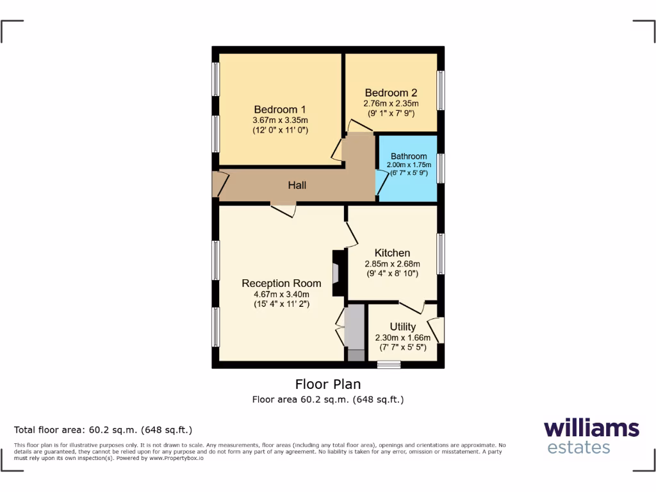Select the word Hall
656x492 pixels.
point(297,185)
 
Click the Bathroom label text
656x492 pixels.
point(409,156)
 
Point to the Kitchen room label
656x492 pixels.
point(392,253)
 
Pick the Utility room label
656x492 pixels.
point(402,327)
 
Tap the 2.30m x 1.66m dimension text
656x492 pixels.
point(402,338)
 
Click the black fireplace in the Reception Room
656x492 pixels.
point(337,273)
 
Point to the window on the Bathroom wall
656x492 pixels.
point(441,168)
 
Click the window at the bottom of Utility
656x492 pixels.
point(388,365)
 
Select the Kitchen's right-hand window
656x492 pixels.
point(441,254)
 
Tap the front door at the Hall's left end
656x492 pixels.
point(218,184)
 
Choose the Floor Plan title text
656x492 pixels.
point(327,384)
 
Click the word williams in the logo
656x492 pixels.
point(591,428)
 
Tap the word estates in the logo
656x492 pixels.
point(578,447)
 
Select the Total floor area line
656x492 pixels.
point(103,430)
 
